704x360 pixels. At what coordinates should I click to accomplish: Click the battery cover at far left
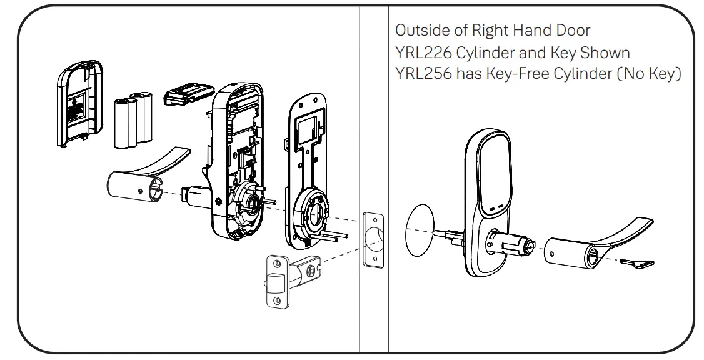tap(78, 106)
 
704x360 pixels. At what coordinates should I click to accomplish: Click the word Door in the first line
tap(569, 30)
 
